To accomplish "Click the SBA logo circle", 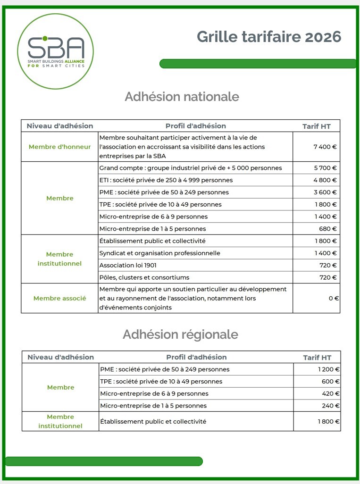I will pyautogui.click(x=56, y=51).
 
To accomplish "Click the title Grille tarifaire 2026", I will pyautogui.click(x=269, y=37).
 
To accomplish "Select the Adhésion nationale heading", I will pyautogui.click(x=182, y=97).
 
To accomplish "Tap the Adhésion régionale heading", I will pyautogui.click(x=180, y=334).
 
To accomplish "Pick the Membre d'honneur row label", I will pyautogui.click(x=60, y=147).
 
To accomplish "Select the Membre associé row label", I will pyautogui.click(x=60, y=298).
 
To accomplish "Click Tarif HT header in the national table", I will pyautogui.click(x=317, y=126).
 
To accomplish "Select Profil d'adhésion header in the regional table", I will pyautogui.click(x=196, y=357).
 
